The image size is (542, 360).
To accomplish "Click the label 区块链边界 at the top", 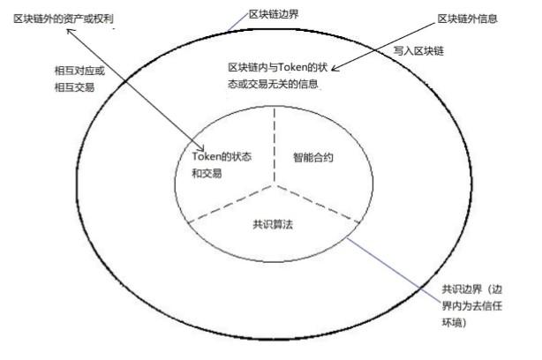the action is coord(274,14).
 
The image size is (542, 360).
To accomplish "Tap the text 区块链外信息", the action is coord(467,19).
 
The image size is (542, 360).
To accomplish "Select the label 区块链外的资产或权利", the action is coord(64,19).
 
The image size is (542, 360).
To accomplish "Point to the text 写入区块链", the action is coord(418,51).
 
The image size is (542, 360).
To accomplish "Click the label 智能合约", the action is coord(313,158).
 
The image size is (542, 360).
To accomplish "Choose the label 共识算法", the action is coord(273,225).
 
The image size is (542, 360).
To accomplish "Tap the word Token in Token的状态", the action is coord(207,156).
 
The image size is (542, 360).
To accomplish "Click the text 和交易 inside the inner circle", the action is coord(207,173).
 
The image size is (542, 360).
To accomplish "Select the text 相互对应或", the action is coord(79,71).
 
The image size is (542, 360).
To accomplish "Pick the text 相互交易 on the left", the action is coord(74,87).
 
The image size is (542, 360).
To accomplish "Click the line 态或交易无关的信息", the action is coord(273,84).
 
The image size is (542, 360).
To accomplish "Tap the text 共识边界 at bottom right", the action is coord(462,289).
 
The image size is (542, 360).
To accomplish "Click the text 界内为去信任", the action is coord(472,306).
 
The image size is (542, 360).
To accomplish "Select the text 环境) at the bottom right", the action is coord(455,323).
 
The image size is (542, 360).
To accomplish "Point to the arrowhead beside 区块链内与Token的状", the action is coord(335,69).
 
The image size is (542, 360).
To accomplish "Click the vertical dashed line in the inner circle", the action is coord(275,145).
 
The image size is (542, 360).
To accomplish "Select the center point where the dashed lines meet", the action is coord(275,185).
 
